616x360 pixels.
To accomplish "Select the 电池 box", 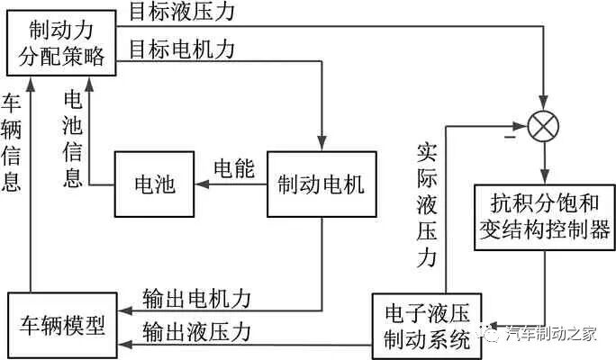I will [151, 185].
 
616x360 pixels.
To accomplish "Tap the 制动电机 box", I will [321, 185].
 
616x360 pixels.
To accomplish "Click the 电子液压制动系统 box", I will [427, 326].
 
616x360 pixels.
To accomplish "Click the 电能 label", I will [233, 168].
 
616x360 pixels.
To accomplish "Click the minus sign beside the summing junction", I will [510, 139].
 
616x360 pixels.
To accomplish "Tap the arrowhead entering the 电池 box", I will [202, 185].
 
